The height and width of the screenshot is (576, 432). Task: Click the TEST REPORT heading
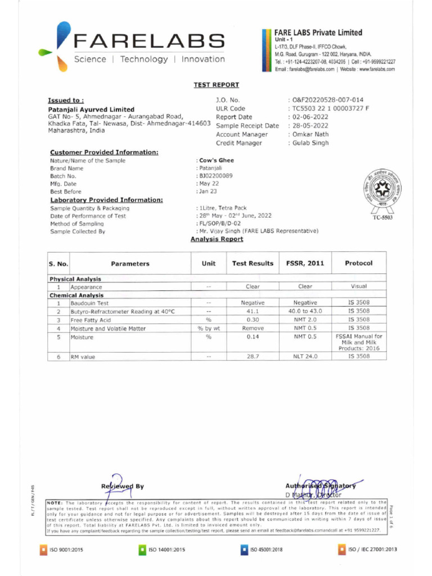click(x=216, y=85)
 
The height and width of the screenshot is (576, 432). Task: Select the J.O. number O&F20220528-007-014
click(x=327, y=100)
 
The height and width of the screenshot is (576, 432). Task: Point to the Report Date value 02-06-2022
click(x=310, y=117)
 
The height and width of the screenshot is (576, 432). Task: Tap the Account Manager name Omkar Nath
click(x=311, y=134)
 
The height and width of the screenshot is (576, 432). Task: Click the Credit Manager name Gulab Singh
click(x=310, y=143)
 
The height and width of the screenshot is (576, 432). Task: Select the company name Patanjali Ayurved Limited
click(x=91, y=109)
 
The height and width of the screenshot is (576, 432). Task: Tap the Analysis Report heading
click(x=217, y=239)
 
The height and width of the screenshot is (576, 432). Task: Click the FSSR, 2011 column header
click(x=305, y=263)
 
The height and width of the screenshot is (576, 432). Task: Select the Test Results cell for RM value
click(x=253, y=357)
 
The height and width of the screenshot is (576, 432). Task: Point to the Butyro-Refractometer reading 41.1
click(x=253, y=311)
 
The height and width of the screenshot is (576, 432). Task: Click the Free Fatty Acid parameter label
click(x=90, y=319)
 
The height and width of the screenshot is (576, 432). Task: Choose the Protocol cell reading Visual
click(x=358, y=286)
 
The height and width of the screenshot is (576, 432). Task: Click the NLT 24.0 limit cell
click(x=305, y=357)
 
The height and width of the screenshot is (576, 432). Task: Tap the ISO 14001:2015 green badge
click(x=164, y=550)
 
